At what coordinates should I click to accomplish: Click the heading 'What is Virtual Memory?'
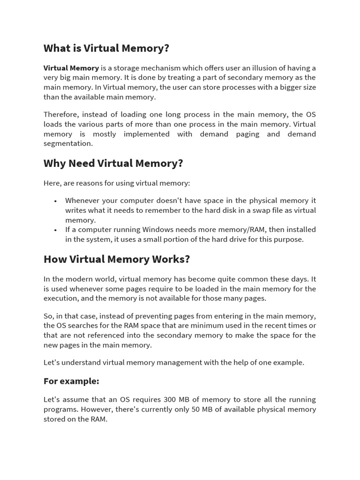coord(106,48)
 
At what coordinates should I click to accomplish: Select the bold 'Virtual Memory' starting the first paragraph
coord(71,68)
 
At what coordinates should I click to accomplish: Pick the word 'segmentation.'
coord(68,144)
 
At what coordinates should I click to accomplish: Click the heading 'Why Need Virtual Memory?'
coord(113,164)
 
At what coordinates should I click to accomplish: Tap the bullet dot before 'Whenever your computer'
coord(55,201)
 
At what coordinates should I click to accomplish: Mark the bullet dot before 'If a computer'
coord(55,230)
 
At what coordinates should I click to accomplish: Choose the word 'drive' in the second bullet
coord(230,240)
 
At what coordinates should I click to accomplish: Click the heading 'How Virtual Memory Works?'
coord(117,260)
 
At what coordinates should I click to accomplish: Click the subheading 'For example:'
coord(71,381)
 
